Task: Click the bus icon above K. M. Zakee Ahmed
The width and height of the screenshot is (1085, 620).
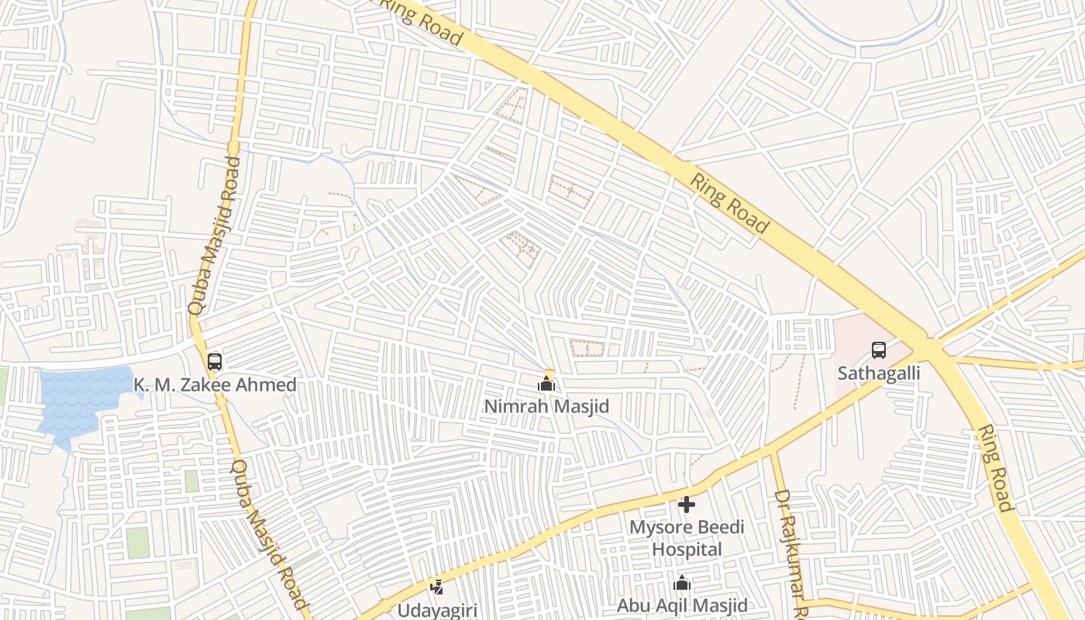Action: (x=215, y=361)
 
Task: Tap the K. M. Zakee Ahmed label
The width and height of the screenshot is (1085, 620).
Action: (x=215, y=384)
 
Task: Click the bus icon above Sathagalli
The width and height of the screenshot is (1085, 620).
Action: (x=878, y=350)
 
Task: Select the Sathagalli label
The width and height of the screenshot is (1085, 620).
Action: (x=878, y=373)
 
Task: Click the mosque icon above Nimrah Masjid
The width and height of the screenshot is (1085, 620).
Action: (x=546, y=384)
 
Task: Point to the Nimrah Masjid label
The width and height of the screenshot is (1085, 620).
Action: (x=546, y=406)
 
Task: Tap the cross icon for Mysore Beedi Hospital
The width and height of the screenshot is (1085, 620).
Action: (x=686, y=505)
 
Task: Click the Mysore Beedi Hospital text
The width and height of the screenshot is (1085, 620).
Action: (x=686, y=538)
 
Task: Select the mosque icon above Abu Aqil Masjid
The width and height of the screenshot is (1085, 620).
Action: (x=682, y=583)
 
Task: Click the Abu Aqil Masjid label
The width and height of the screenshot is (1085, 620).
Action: (x=682, y=605)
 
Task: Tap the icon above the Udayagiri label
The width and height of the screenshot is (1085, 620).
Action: (x=437, y=587)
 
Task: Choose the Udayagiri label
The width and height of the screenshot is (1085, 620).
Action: (x=437, y=610)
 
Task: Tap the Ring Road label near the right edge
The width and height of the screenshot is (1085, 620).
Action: (x=995, y=468)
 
